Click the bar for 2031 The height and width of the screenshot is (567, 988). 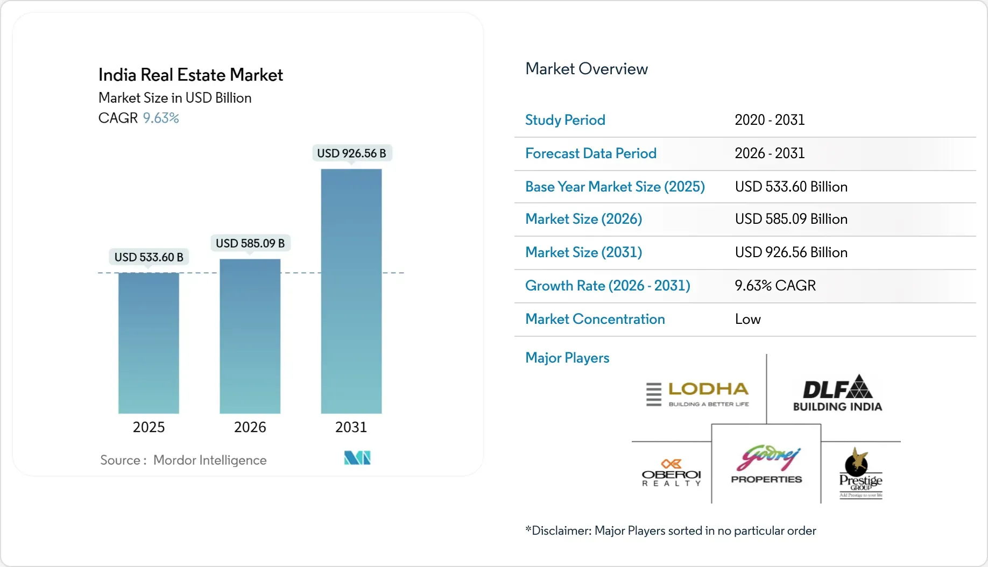coord(351,291)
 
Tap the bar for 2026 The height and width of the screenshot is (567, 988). coord(250,336)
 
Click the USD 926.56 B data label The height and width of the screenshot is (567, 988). coord(351,153)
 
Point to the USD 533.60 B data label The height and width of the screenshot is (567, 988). coord(149,257)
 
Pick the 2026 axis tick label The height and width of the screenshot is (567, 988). coord(250,427)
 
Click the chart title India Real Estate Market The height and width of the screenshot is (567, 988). coord(190,75)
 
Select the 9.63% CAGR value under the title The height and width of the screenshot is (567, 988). coord(160,118)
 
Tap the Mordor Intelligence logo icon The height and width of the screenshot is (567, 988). coord(357,458)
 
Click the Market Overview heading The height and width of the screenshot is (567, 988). coord(586,69)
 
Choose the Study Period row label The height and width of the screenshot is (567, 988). coord(565,120)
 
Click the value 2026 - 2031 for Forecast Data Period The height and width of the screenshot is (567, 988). coord(769,153)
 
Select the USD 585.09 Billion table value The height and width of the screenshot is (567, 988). coord(791,219)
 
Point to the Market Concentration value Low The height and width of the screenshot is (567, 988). coord(747,319)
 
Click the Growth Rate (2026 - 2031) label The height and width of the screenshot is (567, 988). coord(608,286)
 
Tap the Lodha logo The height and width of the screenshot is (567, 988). coord(697,394)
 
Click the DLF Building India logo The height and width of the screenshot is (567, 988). coord(837,393)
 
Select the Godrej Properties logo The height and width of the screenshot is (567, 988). coord(766,464)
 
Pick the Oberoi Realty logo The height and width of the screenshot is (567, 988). coord(671,473)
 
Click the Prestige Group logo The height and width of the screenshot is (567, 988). coord(860,473)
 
